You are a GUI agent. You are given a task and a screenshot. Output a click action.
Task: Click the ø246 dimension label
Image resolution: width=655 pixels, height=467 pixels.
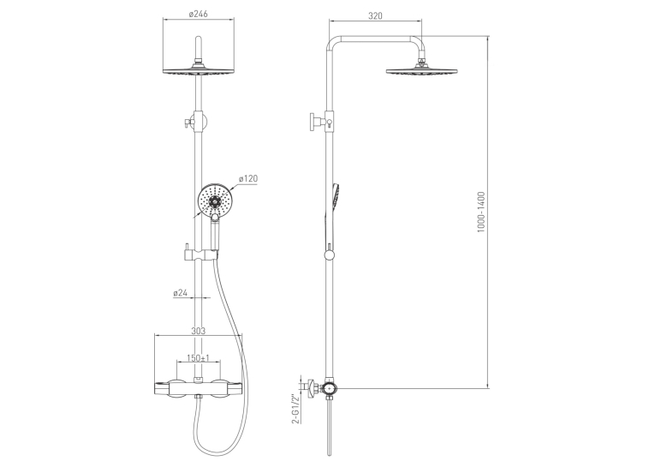click(x=198, y=15)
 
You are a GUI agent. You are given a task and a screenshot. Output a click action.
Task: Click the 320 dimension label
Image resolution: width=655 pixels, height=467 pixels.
click(x=375, y=16)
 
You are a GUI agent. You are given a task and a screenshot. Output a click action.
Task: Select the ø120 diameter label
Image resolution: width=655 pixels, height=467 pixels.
click(x=248, y=178)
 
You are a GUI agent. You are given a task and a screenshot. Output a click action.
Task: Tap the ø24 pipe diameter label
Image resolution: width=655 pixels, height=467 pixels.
click(x=180, y=293)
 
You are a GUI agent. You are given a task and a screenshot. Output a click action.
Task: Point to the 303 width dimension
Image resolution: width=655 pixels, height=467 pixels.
click(x=198, y=331)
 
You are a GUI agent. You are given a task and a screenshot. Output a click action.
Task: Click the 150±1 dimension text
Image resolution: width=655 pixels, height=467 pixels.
click(x=198, y=358)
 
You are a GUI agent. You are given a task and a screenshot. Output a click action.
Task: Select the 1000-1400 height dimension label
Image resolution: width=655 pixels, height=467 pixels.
click(x=481, y=212)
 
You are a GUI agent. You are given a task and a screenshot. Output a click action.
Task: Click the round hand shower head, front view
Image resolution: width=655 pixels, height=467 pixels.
click(x=214, y=201)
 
